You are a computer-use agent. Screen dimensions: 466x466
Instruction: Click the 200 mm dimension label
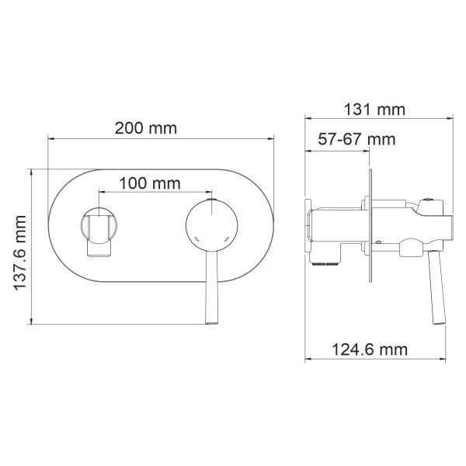146,128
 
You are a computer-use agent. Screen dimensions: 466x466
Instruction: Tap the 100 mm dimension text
150,183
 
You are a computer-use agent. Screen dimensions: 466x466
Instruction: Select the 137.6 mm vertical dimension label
20,253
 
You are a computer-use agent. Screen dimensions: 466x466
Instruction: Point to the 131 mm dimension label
374,110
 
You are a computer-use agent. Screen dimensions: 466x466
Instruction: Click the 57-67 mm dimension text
356,139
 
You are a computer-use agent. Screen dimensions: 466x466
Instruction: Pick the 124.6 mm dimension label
370,349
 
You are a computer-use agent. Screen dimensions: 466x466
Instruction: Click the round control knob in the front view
211,225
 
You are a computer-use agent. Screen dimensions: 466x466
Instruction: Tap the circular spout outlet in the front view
99,225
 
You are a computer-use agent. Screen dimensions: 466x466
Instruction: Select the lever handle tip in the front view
212,321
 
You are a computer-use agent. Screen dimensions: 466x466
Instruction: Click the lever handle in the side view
436,287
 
